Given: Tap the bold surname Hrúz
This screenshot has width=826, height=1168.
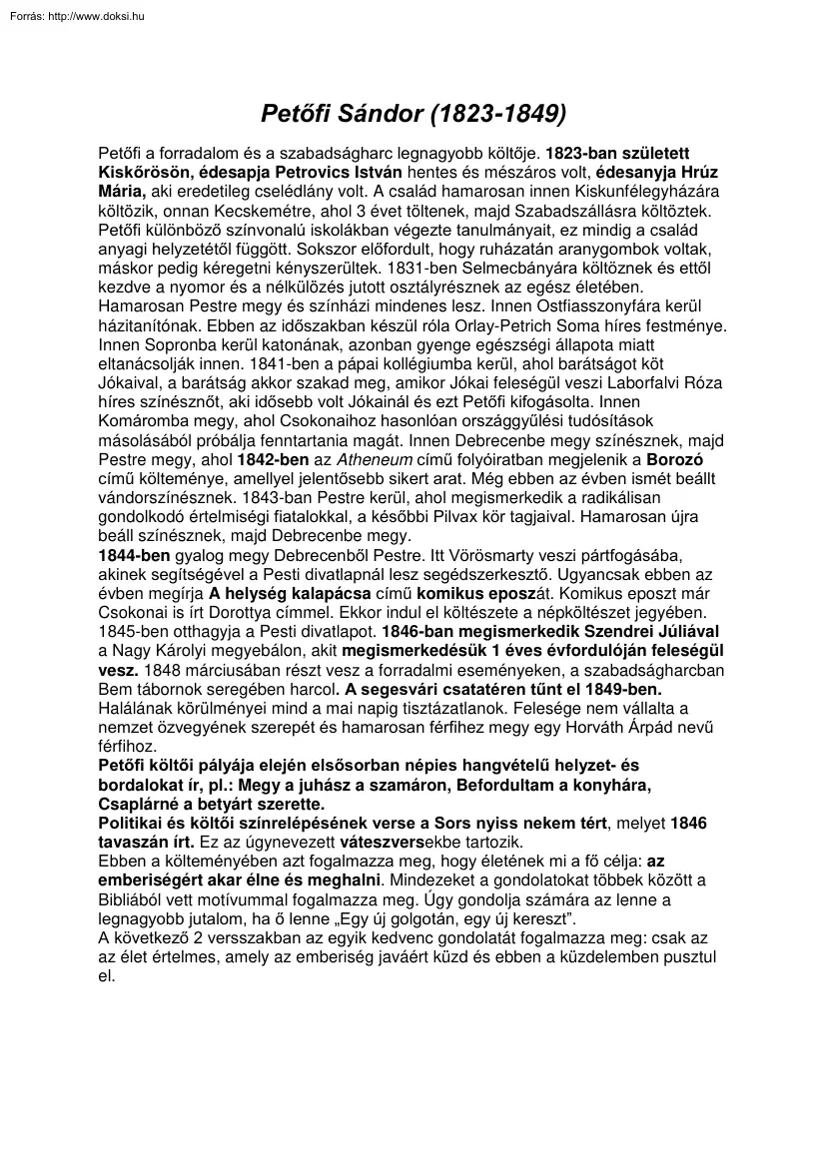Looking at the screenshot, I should pos(695,172).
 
